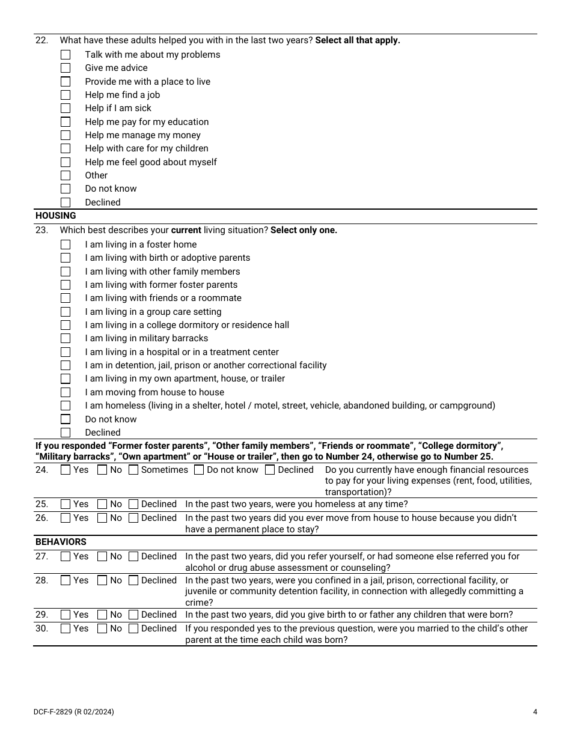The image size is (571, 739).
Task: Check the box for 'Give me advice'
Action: click(66, 68)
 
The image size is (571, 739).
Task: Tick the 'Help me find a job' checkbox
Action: click(66, 95)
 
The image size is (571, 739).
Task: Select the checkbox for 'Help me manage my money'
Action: click(66, 135)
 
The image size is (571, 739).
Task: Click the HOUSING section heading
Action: click(55, 216)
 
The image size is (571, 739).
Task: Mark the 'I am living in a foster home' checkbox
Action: click(66, 245)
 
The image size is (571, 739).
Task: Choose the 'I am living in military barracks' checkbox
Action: click(66, 338)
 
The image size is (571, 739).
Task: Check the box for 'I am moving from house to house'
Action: click(66, 392)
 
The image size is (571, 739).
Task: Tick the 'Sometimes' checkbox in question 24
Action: click(133, 470)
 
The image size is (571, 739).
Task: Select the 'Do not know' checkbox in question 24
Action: click(199, 470)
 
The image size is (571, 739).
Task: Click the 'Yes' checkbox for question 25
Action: click(66, 504)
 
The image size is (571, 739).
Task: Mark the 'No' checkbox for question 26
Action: click(102, 518)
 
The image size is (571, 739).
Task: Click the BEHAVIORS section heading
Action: click(61, 542)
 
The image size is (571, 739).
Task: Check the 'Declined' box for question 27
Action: click(133, 556)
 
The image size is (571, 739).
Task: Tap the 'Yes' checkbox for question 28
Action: click(66, 580)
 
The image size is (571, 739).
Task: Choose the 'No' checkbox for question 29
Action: click(102, 615)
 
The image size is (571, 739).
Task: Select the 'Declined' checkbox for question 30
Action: click(133, 628)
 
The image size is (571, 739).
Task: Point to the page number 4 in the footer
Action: click(535, 712)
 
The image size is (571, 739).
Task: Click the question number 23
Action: click(41, 230)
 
